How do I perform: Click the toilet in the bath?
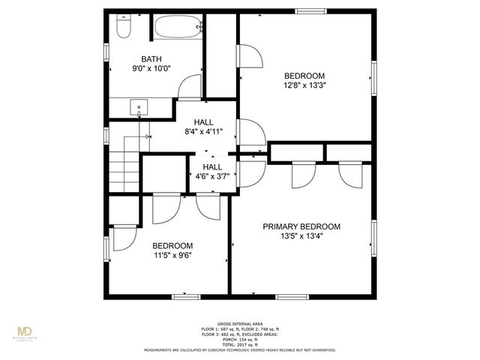(124, 27)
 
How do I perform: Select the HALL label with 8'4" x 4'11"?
(203, 122)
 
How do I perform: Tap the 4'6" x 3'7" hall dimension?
(211, 178)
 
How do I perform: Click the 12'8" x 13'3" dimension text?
(304, 85)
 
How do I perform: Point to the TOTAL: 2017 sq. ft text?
(240, 343)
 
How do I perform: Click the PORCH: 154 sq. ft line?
(240, 338)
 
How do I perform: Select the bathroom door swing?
(190, 86)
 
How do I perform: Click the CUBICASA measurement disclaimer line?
(240, 349)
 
